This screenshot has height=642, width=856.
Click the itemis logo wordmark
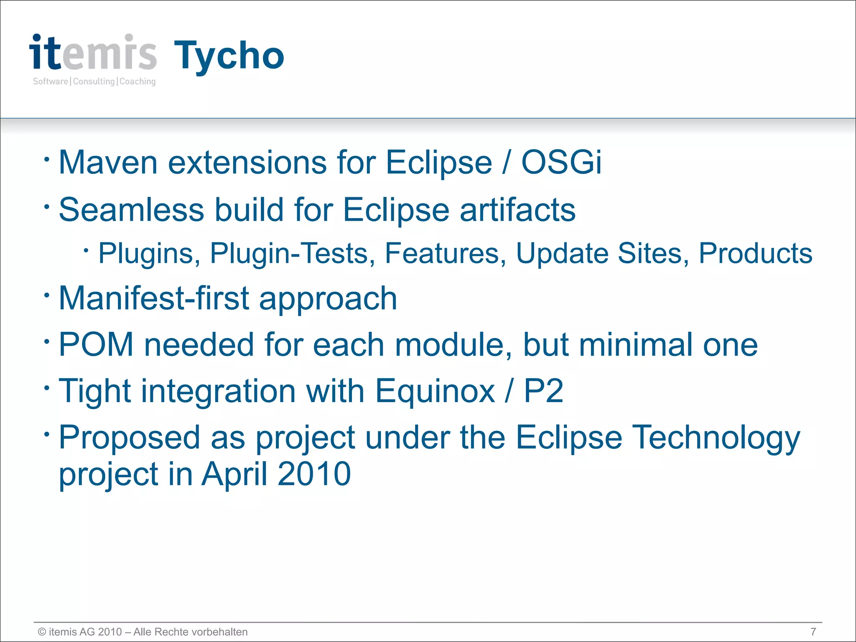pos(93,53)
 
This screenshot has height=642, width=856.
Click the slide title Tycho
pos(229,56)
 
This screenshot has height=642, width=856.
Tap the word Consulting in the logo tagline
pos(94,82)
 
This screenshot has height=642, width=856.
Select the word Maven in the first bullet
pos(108,162)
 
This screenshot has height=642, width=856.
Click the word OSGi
pos(561,162)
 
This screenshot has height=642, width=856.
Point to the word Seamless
pos(131,209)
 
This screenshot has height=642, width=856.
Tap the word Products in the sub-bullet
pos(755,253)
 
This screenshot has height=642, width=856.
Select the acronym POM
pos(96,344)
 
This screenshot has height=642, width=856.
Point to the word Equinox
pos(435,391)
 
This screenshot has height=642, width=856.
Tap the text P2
pos(543,391)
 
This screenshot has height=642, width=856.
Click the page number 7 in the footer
pos(813,632)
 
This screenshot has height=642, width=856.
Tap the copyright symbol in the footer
pos(42,632)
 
